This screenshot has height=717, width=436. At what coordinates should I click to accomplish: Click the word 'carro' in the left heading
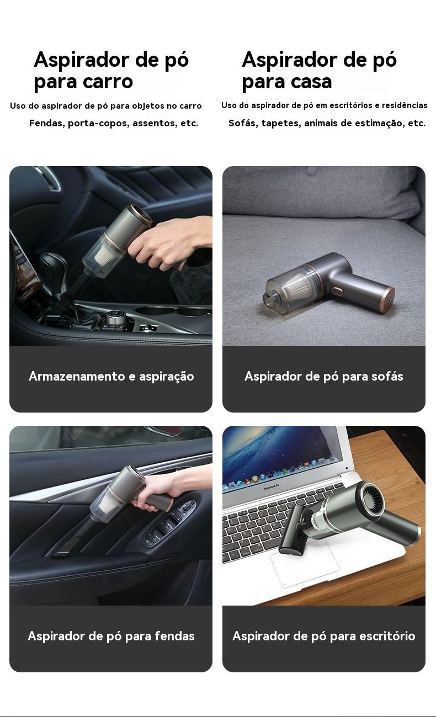[x=107, y=82]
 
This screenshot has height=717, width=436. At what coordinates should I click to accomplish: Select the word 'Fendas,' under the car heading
[x=47, y=123]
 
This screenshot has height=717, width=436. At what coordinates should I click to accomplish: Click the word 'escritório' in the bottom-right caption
[x=387, y=636]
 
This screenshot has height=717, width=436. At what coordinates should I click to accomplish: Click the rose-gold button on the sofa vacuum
[x=337, y=291]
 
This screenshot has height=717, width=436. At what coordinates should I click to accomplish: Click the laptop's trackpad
[x=304, y=565]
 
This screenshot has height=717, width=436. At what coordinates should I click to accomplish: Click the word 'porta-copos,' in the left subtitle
[x=99, y=124]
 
